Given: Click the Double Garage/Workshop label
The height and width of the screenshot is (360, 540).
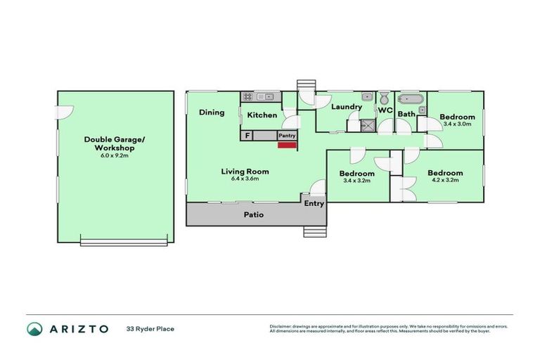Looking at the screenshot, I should (x=114, y=144).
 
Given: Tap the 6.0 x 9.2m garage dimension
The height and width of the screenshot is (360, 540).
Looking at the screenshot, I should (x=114, y=155).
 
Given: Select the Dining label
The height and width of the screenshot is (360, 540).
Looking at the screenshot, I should (x=211, y=112).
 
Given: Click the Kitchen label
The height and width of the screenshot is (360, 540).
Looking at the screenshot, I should (x=262, y=115).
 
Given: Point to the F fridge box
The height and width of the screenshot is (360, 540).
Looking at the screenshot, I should (x=247, y=136).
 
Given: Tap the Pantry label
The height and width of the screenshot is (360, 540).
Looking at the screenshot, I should (x=287, y=136).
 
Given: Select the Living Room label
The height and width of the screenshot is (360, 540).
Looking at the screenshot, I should (x=245, y=171).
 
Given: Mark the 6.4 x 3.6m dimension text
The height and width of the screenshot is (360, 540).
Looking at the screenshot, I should (x=245, y=179).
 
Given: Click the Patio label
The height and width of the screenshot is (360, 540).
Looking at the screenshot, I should (x=254, y=214).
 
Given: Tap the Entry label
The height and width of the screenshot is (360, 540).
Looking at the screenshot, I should (x=314, y=203).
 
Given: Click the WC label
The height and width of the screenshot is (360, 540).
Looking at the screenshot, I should (x=385, y=110).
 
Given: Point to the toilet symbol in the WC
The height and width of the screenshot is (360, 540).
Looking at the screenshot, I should (x=385, y=98).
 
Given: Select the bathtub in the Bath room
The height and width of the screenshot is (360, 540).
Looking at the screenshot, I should (x=410, y=100).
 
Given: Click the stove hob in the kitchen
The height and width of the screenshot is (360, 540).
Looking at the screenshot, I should (x=248, y=96).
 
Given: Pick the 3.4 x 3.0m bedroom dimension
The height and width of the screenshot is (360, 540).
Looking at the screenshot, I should (x=457, y=124).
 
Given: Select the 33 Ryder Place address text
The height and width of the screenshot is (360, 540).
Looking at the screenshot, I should (x=150, y=328).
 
